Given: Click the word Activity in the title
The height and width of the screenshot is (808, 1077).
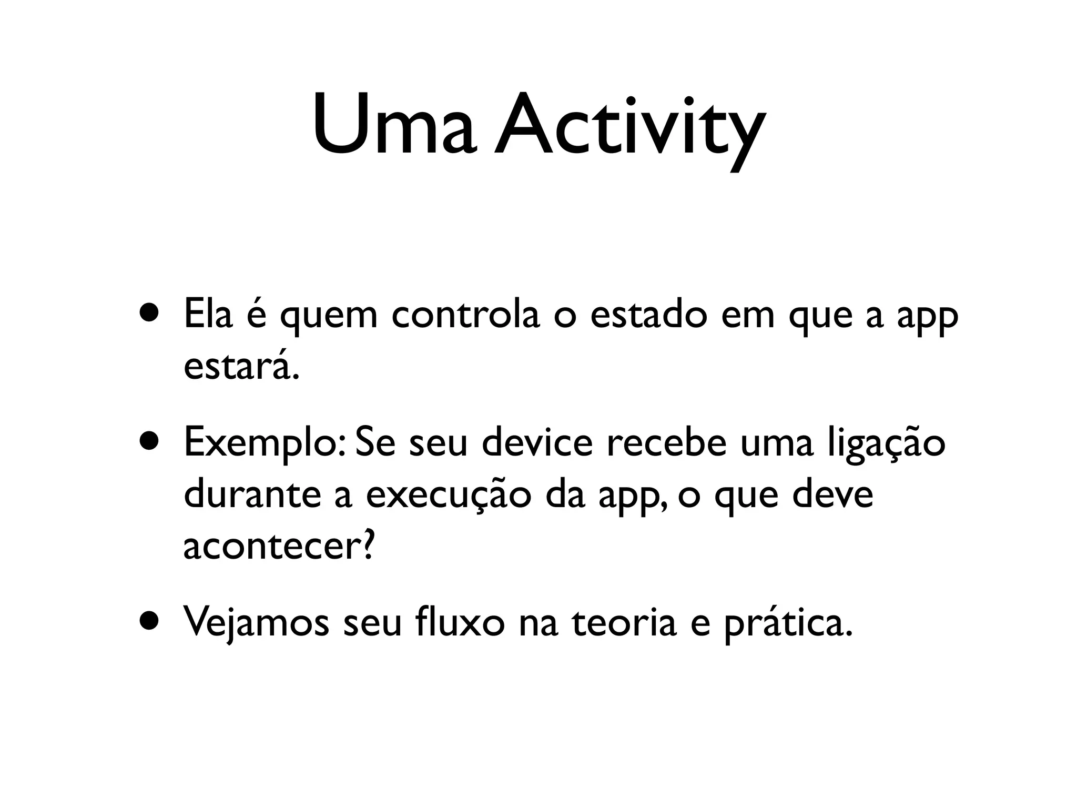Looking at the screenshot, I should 628,129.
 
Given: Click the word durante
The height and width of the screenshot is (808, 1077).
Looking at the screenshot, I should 252,494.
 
